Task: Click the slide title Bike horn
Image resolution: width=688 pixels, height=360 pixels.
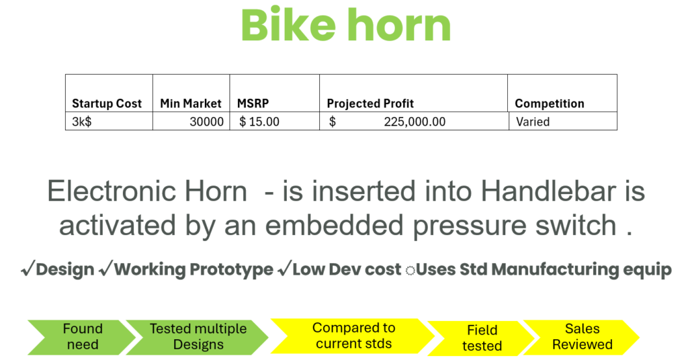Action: pyautogui.click(x=346, y=25)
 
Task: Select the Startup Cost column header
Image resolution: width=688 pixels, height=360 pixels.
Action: pyautogui.click(x=107, y=103)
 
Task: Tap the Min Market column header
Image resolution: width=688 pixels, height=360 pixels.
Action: pyautogui.click(x=190, y=103)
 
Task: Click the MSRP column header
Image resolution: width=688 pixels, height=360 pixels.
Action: pyautogui.click(x=253, y=103)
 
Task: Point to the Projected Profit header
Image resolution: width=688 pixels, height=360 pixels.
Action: pyautogui.click(x=370, y=103)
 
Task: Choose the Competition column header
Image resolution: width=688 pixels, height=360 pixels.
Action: pyautogui.click(x=550, y=103)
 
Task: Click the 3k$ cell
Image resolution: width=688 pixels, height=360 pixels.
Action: pyautogui.click(x=81, y=122)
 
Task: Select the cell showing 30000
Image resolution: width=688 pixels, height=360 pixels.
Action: pyautogui.click(x=206, y=122)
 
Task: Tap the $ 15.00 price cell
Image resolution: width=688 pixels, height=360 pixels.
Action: pyautogui.click(x=259, y=122)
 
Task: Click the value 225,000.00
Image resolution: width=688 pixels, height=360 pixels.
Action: pyautogui.click(x=415, y=122)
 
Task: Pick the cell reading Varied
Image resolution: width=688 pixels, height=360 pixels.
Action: pyautogui.click(x=533, y=122)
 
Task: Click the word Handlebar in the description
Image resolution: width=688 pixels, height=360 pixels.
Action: pyautogui.click(x=548, y=191)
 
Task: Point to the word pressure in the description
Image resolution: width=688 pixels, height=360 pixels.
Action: pyautogui.click(x=470, y=226)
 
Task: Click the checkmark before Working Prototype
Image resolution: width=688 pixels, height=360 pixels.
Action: pyautogui.click(x=105, y=269)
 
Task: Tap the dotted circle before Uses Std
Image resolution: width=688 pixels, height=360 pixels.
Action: pyautogui.click(x=411, y=271)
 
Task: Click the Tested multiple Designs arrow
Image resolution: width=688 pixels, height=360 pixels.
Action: pyautogui.click(x=198, y=337)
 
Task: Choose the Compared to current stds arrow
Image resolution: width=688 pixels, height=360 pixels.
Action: pyautogui.click(x=353, y=336)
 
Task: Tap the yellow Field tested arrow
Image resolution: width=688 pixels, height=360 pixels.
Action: pyautogui.click(x=482, y=338)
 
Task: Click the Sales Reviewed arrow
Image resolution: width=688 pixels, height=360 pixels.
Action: pyautogui.click(x=582, y=337)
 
